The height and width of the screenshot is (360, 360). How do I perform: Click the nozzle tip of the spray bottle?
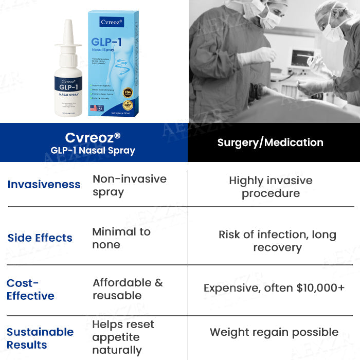click(68, 23)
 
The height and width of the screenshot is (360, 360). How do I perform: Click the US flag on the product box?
click(94, 108)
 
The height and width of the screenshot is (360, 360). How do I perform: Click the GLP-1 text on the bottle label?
click(68, 87)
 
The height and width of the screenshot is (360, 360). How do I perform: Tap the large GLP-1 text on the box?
click(106, 43)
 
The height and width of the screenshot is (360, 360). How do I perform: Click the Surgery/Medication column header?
click(270, 142)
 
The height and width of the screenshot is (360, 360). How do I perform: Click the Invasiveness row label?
click(44, 184)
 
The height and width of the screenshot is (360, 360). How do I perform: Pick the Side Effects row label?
click(40, 238)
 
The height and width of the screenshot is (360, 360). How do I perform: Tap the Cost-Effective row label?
click(30, 289)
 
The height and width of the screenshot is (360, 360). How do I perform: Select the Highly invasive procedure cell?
click(271, 187)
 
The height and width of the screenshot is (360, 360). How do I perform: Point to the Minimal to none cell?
click(121, 238)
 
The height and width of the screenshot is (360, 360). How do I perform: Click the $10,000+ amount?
click(320, 288)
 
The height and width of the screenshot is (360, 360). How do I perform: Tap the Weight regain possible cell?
click(274, 332)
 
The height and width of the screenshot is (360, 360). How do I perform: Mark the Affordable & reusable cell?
click(128, 289)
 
